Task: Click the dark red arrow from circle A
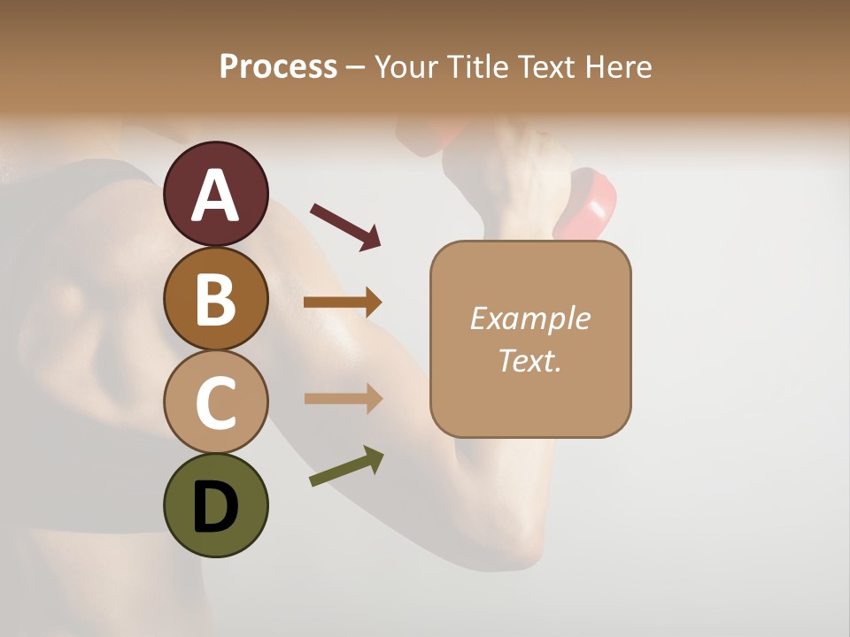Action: [x=345, y=226]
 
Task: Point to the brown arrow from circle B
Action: [x=343, y=303]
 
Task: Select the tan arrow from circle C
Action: [x=344, y=398]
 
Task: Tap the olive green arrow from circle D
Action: [x=346, y=466]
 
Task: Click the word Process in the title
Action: [x=278, y=66]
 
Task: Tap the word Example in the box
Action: [x=529, y=318]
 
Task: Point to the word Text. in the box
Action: [x=529, y=360]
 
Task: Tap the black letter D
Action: [x=216, y=506]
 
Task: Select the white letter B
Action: [x=216, y=299]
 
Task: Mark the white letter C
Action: [x=216, y=403]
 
